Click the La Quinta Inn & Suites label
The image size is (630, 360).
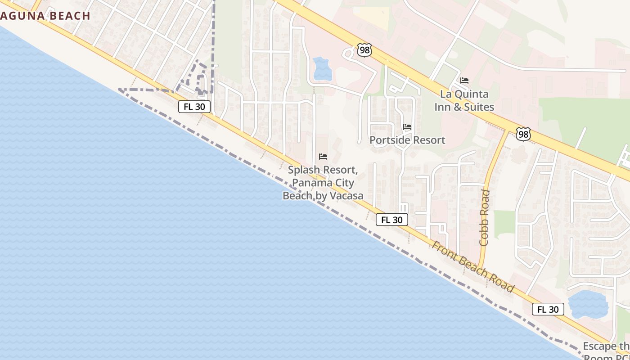click(464, 100)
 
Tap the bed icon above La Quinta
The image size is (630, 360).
click(464, 81)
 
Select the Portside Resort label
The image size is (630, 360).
click(407, 140)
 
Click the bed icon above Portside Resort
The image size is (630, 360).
click(407, 127)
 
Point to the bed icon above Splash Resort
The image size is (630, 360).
click(323, 157)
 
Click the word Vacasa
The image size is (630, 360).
click(346, 196)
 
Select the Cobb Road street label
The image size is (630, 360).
click(484, 217)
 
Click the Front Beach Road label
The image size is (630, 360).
click(472, 266)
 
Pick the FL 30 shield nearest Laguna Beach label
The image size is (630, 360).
click(194, 107)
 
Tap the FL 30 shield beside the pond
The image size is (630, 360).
click(548, 309)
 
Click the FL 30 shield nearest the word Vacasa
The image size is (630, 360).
click(392, 220)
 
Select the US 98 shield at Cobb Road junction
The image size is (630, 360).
click(523, 134)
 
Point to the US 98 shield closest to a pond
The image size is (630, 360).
click(364, 50)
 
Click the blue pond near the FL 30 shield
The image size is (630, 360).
click(588, 304)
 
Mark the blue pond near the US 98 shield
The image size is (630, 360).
click(322, 69)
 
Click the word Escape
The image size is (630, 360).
click(600, 346)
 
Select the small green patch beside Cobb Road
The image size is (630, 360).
click(504, 224)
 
